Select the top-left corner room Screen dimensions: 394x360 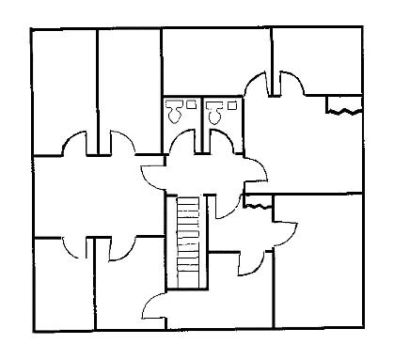(x=64, y=89)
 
